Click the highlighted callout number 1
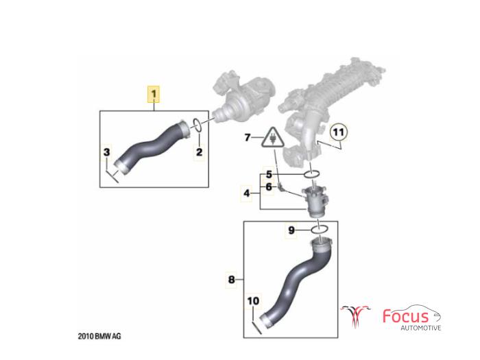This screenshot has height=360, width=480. [154, 94]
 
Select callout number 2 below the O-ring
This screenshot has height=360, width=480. [200, 152]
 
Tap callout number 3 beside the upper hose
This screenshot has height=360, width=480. [106, 152]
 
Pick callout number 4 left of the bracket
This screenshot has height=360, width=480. [247, 193]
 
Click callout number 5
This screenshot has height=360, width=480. [269, 174]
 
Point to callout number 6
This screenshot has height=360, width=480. [269, 187]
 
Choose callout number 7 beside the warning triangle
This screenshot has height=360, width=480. [248, 137]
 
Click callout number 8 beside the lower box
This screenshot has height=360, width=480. [232, 279]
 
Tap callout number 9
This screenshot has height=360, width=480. [291, 230]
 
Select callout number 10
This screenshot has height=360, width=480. [253, 301]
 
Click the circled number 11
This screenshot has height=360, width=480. [339, 132]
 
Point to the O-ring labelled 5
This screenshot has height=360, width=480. [312, 174]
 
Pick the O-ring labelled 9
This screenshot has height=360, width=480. [320, 229]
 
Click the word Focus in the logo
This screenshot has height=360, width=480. [406, 315]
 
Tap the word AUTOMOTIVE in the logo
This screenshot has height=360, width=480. [421, 328]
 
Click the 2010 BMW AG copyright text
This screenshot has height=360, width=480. [99, 336]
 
